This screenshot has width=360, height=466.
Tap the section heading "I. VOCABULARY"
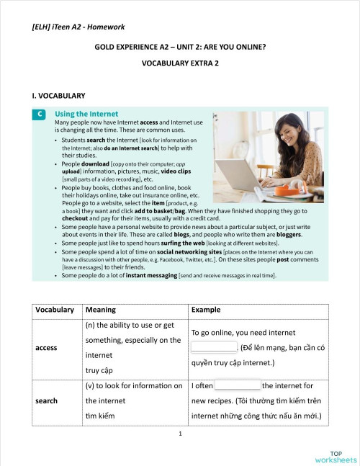[x=59, y=95]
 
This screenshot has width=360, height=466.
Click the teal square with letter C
[x=40, y=114]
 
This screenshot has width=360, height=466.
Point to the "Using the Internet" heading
[x=86, y=114]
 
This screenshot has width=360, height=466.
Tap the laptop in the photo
[x=239, y=177]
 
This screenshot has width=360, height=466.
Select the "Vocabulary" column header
[x=54, y=310]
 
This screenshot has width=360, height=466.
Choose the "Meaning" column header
[x=100, y=310]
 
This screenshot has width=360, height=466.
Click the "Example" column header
[x=207, y=310]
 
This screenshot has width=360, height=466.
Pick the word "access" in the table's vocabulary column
[x=46, y=347]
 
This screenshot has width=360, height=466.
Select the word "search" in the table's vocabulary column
[x=46, y=400]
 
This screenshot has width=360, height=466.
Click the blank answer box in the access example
[x=213, y=346]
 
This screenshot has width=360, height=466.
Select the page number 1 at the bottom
[x=180, y=434]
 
